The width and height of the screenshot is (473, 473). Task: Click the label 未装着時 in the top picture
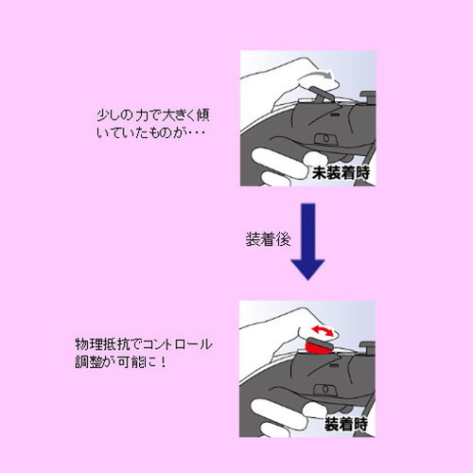click(343, 172)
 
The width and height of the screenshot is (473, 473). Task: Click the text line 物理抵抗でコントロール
click(143, 342)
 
